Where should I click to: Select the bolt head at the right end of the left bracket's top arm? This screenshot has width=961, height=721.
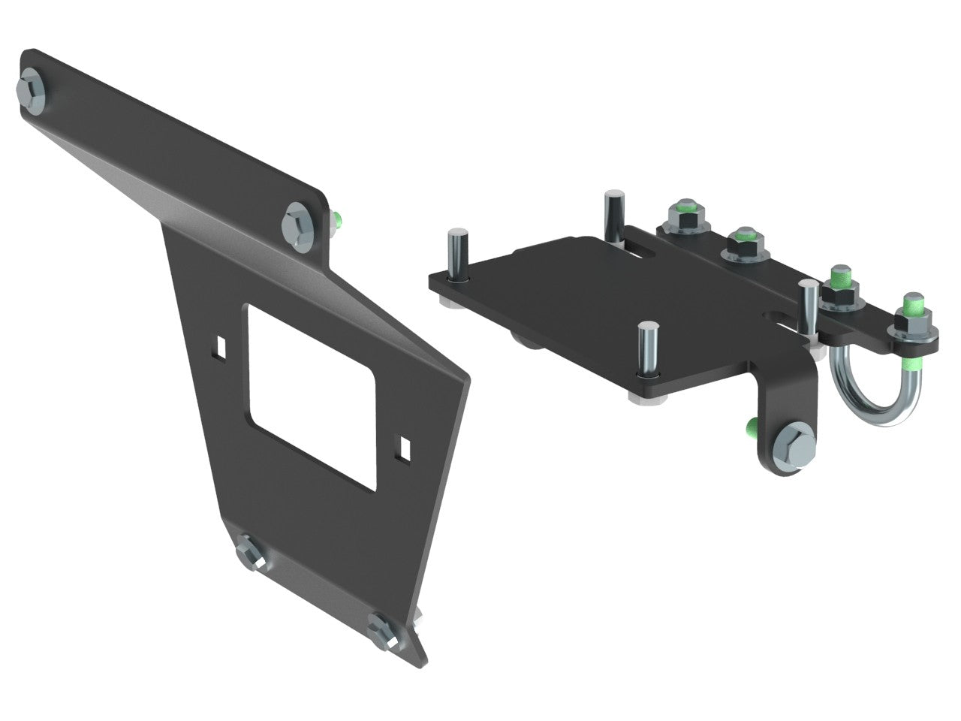[x=300, y=222]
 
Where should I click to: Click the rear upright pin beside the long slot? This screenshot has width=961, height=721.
[x=614, y=218]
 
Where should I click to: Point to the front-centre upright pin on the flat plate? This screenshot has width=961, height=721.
[x=646, y=349]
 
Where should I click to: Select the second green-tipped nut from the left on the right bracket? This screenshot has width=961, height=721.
[x=743, y=243]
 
